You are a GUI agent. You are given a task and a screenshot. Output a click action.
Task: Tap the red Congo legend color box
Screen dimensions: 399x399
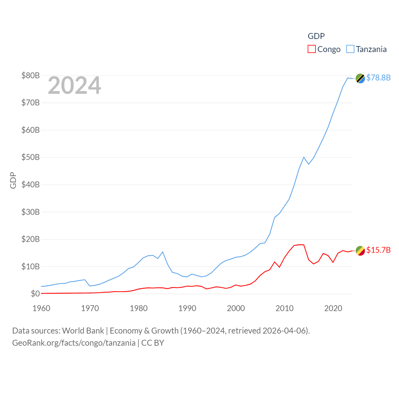pyautogui.click(x=311, y=49)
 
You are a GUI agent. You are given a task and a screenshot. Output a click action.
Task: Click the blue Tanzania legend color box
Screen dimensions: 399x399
pyautogui.click(x=350, y=49)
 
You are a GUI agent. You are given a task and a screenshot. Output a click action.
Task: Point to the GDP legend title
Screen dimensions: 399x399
pyautogui.click(x=316, y=36)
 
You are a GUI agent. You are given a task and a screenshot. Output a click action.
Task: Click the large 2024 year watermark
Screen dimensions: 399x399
pyautogui.click(x=74, y=85)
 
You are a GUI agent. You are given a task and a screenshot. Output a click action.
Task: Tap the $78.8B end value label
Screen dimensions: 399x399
pyautogui.click(x=378, y=78)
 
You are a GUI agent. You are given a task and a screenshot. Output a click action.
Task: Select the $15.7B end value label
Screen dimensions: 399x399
pyautogui.click(x=378, y=250)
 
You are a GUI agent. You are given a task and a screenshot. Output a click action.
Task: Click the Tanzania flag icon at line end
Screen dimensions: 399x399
pyautogui.click(x=360, y=79)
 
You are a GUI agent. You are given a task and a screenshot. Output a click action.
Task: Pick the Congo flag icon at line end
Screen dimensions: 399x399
pyautogui.click(x=360, y=251)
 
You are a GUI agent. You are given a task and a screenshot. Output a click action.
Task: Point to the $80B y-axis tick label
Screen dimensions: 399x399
pyautogui.click(x=30, y=75)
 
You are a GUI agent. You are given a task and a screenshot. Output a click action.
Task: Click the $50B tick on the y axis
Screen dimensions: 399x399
pyautogui.click(x=30, y=157)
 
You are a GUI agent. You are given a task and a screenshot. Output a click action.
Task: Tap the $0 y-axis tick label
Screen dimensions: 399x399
pyautogui.click(x=35, y=294)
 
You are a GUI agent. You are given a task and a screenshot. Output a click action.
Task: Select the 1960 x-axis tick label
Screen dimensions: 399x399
pyautogui.click(x=41, y=308)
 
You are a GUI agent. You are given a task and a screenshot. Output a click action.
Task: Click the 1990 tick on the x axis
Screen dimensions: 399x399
pyautogui.click(x=187, y=308)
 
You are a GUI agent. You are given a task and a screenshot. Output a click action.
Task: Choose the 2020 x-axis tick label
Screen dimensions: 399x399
pyautogui.click(x=333, y=308)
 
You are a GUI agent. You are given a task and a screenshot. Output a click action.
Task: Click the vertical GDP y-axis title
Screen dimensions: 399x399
pyautogui.click(x=13, y=180)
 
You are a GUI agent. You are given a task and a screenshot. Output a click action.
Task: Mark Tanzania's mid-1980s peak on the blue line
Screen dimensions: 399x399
pyautogui.click(x=163, y=252)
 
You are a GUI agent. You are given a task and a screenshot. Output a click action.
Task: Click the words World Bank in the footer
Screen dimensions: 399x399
pyautogui.click(x=83, y=330)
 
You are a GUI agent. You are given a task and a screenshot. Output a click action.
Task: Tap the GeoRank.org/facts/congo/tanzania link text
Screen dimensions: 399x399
pyautogui.click(x=74, y=343)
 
